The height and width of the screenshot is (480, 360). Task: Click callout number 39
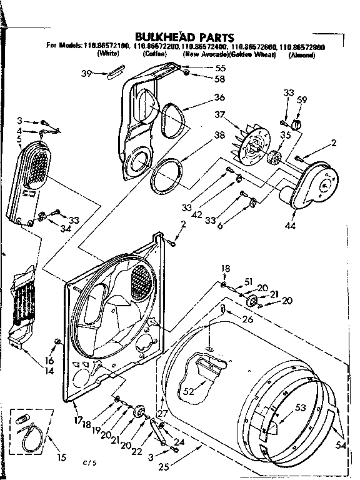click(x=87, y=74)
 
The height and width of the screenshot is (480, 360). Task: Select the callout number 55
click(x=221, y=67)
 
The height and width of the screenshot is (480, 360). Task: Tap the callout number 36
click(x=219, y=97)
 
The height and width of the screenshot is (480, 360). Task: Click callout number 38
click(x=219, y=135)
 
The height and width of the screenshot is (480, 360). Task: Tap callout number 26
click(x=248, y=319)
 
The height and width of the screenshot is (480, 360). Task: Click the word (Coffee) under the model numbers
click(x=154, y=55)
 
